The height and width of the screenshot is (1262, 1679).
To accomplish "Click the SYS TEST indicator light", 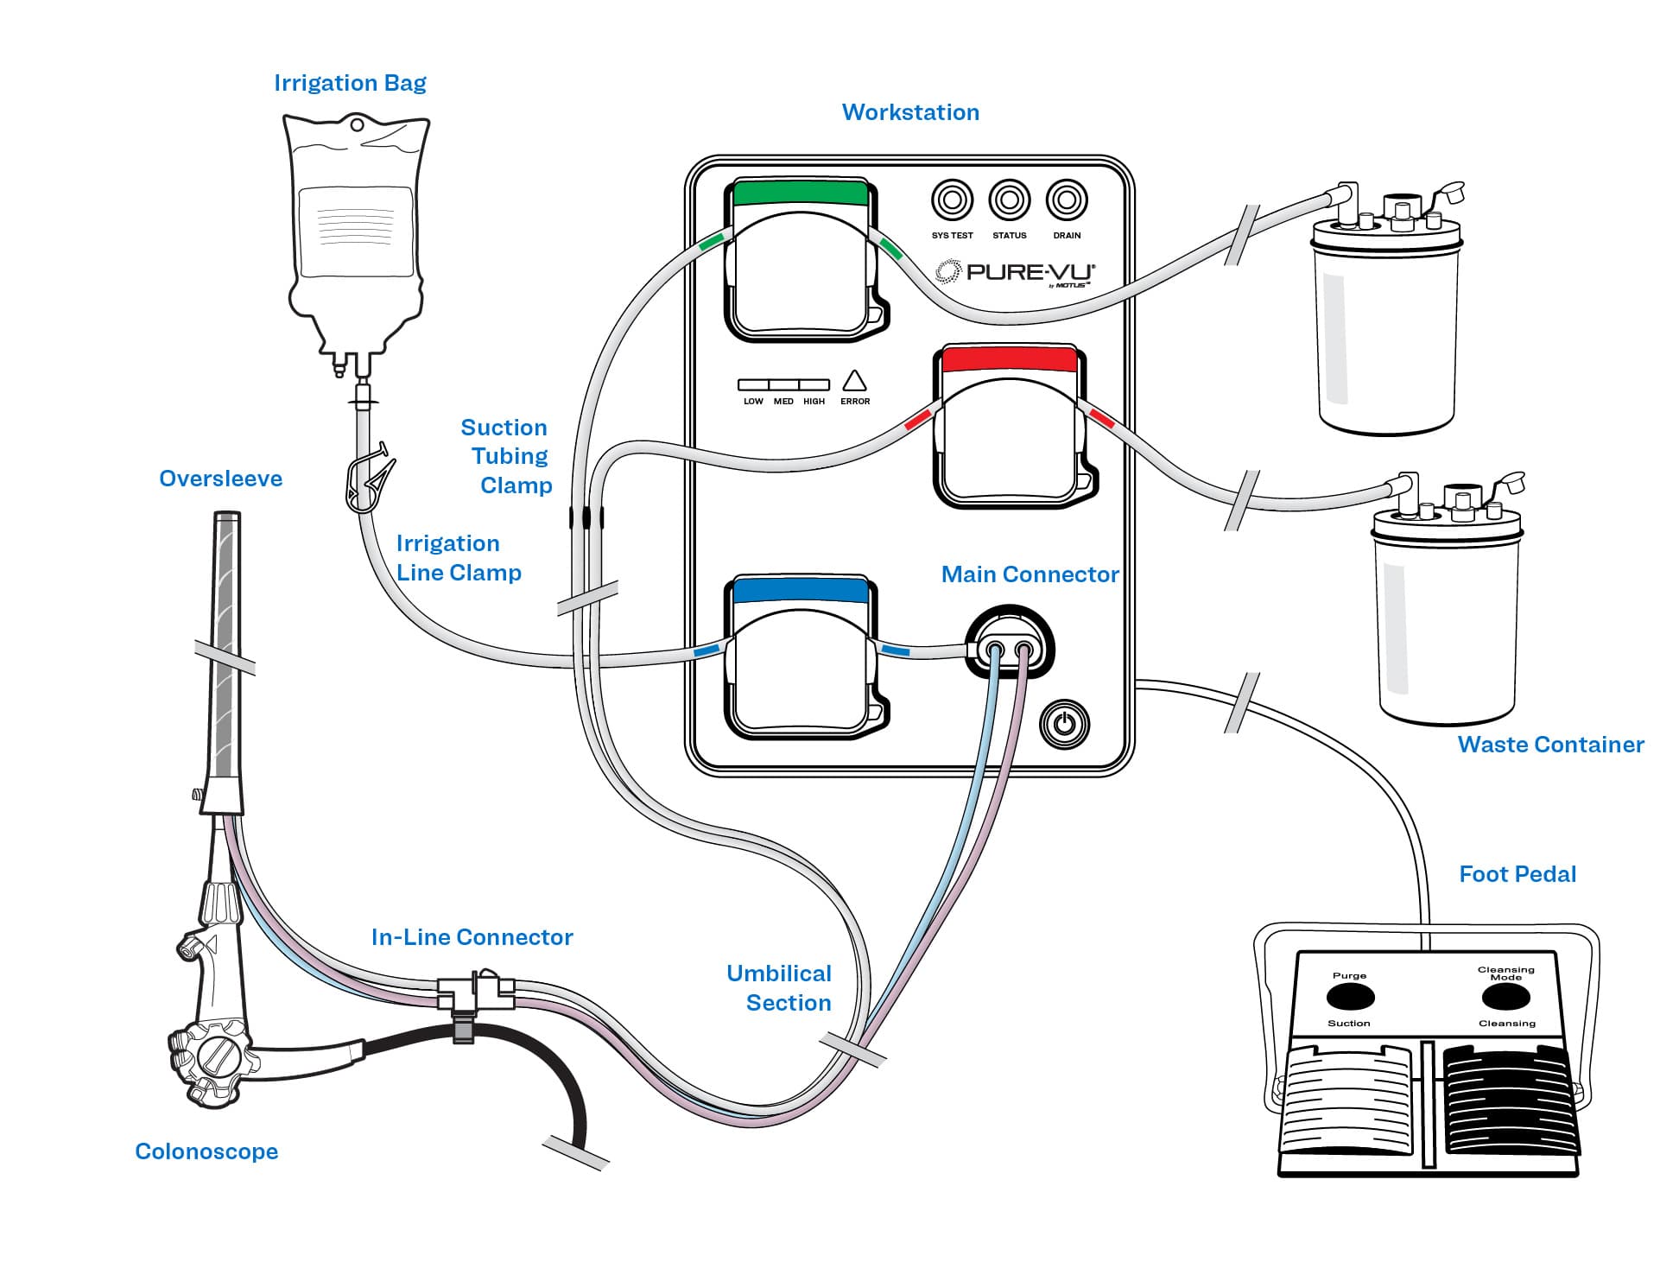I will coord(952,200).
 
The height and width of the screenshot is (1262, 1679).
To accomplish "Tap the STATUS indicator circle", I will coord(1009,200).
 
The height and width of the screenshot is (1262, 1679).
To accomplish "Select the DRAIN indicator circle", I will coord(1067,200).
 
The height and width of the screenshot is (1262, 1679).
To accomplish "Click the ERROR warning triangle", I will coord(854,381).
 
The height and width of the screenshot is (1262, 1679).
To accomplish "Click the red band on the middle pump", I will coord(1009,359).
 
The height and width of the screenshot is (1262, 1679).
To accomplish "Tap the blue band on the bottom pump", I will coord(800,590).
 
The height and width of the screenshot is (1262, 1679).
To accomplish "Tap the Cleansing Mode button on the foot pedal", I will coord(1505,997).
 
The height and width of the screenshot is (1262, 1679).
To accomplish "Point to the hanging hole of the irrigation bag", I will coord(356,125).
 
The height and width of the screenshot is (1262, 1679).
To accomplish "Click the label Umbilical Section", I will coord(779,988).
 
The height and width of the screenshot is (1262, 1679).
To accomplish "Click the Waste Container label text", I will coord(1550,745).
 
